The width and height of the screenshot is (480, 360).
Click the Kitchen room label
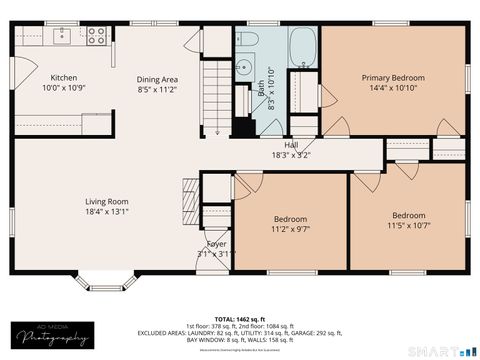[x=64, y=77]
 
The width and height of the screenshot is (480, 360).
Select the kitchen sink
[x=62, y=35]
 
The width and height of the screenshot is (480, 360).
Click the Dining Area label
[x=157, y=78]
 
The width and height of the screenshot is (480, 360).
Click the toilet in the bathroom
[x=248, y=41]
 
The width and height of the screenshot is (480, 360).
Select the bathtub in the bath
[x=301, y=46]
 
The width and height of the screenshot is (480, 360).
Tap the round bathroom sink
[x=243, y=69]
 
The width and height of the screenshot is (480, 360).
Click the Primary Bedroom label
[x=393, y=77]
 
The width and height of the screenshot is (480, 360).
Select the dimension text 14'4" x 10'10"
[x=393, y=89]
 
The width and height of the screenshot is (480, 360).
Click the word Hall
[x=291, y=144]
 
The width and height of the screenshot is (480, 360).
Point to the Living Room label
[x=106, y=200]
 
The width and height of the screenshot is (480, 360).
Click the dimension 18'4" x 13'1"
[x=106, y=211]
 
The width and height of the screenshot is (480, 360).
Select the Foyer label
[x=215, y=243]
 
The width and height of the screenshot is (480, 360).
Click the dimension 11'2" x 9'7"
[x=291, y=229]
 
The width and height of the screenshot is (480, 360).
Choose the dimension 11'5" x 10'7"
[x=408, y=226]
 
